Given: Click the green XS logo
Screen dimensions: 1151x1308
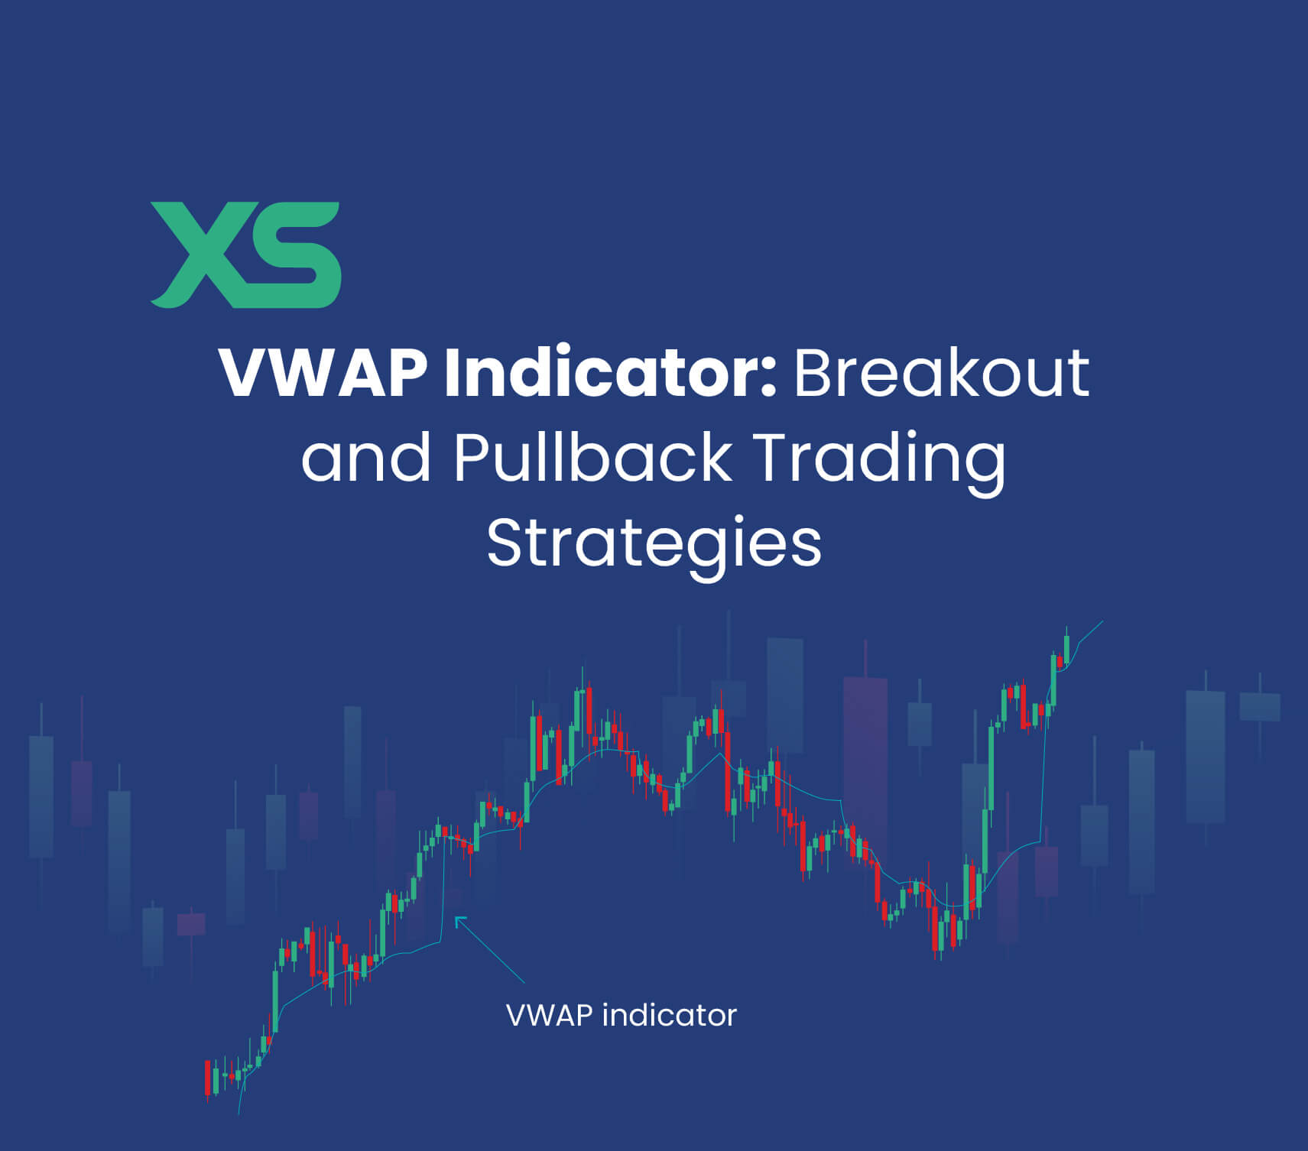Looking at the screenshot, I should (245, 255).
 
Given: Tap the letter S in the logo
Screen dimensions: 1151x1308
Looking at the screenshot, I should (294, 255).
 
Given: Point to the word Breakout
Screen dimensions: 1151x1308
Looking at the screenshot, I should (941, 374).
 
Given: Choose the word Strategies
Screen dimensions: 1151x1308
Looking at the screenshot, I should (654, 544).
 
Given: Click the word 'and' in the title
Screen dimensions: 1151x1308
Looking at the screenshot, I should (365, 459).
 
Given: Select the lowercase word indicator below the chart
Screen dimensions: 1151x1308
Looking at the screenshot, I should (669, 1016).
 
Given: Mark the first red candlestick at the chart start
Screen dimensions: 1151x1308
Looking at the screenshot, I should (207, 1078).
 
